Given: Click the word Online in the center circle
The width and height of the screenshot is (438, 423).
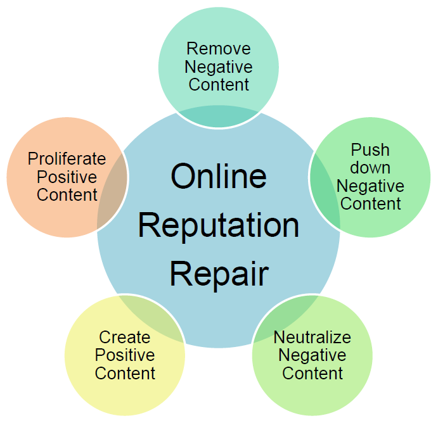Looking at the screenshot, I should pos(219,176).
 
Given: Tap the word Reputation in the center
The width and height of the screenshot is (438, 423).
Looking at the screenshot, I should pos(219,225).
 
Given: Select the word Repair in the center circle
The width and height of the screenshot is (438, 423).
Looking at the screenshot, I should pos(219,274).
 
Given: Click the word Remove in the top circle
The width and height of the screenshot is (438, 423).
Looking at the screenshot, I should pos(219,49).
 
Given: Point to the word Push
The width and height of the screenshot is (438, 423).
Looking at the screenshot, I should pos(370,151).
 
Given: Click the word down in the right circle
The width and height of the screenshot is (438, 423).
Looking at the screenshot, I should pos(370,168).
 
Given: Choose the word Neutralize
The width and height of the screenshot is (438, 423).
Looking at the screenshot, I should pos(312,337).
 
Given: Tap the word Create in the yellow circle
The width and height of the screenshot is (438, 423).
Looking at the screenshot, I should pos(125,337).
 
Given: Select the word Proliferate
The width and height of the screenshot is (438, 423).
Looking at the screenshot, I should pos(67,158).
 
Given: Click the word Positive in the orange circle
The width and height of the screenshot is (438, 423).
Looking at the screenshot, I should pos(67,177).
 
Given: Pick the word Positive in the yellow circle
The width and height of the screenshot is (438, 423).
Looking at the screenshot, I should pos(125,355).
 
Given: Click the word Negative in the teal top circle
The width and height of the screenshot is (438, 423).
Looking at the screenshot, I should pos(219,66).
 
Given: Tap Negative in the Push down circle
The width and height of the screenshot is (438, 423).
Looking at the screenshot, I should pos(370,186).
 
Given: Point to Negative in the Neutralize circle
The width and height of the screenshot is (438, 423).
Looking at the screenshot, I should pos(312,355).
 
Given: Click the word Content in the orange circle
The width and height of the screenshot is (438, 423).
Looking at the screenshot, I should pos(67,194).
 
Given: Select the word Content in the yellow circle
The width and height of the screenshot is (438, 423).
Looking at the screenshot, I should pos(125,373).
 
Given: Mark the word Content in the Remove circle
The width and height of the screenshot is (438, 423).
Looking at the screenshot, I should pos(219,84).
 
